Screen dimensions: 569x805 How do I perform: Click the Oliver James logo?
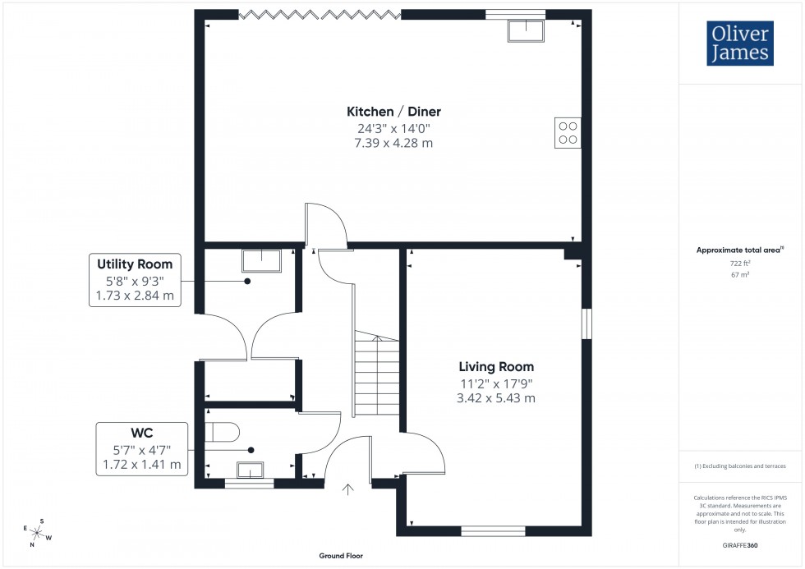738,44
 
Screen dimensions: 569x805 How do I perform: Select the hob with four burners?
568,132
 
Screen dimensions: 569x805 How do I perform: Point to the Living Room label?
496,367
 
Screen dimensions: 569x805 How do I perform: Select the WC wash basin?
250,470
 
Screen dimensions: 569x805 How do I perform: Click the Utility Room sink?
261,260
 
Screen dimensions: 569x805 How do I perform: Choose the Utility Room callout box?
135,280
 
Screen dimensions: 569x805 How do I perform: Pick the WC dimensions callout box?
142,449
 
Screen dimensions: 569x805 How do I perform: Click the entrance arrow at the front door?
347,490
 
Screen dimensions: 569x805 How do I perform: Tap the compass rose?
37,532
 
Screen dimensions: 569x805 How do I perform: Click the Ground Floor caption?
341,556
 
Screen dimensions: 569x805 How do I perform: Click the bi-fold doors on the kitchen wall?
320,14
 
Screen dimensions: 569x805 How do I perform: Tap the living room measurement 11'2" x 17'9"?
496,383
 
